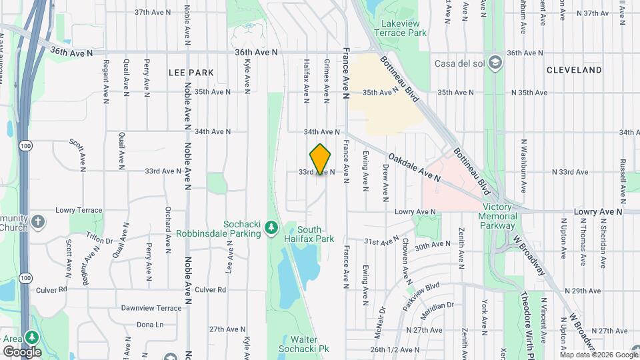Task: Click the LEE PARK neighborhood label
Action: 191,73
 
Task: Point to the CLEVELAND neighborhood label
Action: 574,69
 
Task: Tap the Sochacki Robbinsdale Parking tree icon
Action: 271,227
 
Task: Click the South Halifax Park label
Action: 315,233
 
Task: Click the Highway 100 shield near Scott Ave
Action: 25,146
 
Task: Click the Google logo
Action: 22,352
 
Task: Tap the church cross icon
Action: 39,221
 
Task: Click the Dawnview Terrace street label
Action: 151,308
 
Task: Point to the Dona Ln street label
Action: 150,325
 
